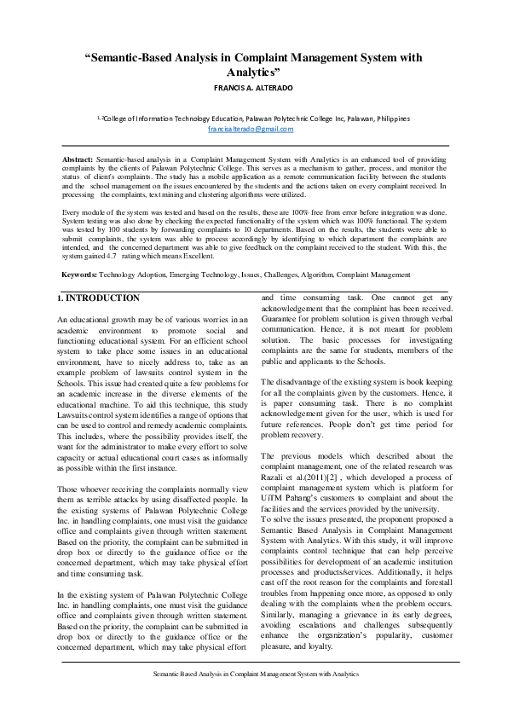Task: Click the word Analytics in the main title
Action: tap(254, 73)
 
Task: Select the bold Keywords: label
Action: tap(80, 275)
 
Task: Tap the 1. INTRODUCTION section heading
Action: tap(98, 298)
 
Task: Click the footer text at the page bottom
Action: tap(254, 674)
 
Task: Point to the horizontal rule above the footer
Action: tap(254, 661)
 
